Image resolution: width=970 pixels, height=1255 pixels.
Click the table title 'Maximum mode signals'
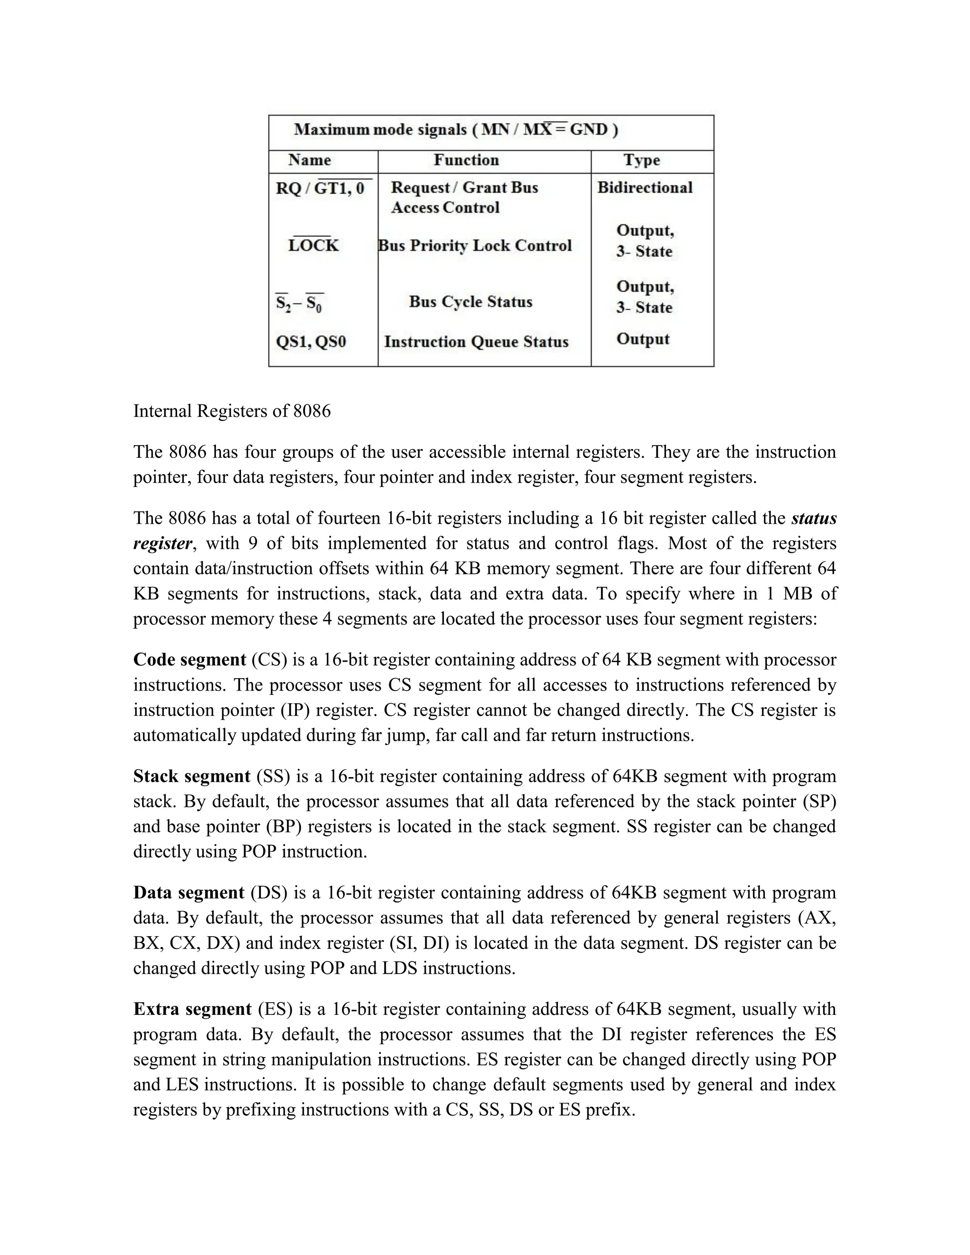coord(380,129)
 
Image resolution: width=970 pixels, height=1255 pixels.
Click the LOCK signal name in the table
coord(313,245)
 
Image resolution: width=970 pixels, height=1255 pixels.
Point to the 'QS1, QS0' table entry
coord(311,342)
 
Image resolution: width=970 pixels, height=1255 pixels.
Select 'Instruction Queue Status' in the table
coord(476,342)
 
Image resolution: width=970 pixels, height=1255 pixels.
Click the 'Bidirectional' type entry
coord(645,188)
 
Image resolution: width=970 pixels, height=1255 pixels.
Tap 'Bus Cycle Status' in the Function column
coord(470,302)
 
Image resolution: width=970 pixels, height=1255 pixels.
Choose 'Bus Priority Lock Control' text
coord(475,245)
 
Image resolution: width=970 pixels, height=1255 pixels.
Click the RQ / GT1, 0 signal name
coord(320,188)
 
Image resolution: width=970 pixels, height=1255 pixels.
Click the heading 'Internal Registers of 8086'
coord(232,412)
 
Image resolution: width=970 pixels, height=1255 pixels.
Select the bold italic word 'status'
coord(814,518)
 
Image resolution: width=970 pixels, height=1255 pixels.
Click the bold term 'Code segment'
coord(189,660)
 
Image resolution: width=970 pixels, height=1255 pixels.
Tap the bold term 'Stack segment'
coord(191,776)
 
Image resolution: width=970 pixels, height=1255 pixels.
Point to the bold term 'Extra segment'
coord(192,1009)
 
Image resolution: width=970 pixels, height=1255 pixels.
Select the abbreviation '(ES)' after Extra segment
coord(275,1009)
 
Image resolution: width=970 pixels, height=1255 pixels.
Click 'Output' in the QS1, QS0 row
coord(642,339)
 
